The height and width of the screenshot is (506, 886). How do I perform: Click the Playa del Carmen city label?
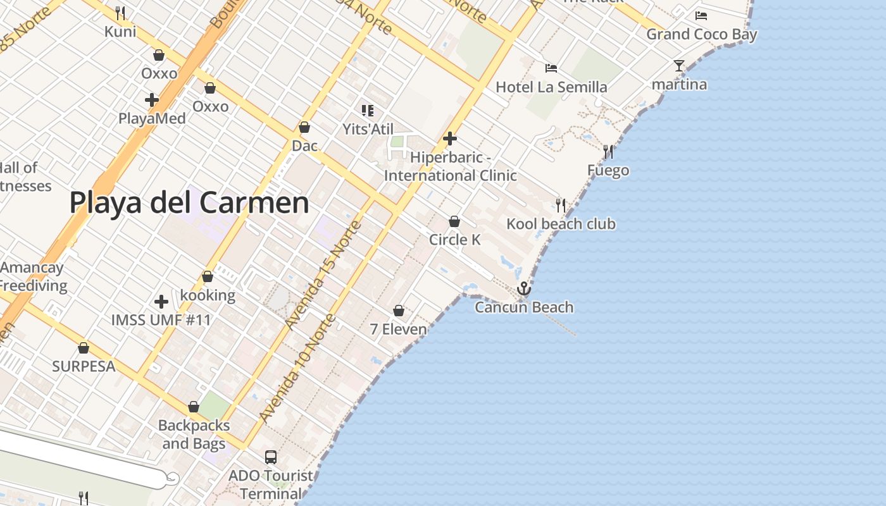point(189,203)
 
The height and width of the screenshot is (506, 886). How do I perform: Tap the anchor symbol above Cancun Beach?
point(523,289)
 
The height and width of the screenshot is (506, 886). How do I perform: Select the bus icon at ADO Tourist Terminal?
point(271,457)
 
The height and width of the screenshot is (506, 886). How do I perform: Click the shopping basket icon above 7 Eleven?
point(399,311)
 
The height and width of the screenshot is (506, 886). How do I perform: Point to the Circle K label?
point(454,240)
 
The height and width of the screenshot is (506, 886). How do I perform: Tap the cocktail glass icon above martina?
point(679,66)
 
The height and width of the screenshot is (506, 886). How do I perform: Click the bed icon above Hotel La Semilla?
point(551,68)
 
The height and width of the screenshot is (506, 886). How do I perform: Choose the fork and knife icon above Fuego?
point(608,152)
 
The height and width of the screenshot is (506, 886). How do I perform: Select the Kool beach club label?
point(561,224)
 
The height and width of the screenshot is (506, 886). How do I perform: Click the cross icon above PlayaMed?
point(152,100)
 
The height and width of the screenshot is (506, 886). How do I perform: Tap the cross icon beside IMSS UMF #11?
point(161,302)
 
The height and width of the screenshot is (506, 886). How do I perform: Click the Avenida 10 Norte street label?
point(298,367)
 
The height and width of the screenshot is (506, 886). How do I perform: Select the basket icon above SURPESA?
point(84,348)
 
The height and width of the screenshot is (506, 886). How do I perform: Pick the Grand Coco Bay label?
point(701,34)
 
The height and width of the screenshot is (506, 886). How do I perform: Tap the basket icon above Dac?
point(304,127)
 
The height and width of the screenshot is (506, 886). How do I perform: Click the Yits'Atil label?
point(368,129)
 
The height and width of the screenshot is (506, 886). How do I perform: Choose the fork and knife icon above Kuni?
point(120,13)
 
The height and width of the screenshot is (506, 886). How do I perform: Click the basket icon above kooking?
point(208,277)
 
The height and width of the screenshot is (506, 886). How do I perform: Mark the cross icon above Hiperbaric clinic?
point(450,138)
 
